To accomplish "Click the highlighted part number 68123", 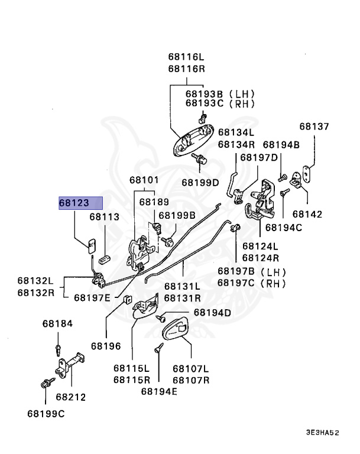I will click(x=74, y=203).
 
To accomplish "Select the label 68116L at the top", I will click(x=186, y=57).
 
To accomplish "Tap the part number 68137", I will click(x=314, y=127).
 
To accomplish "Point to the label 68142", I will click(x=307, y=214).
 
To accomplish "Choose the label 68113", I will click(x=105, y=217).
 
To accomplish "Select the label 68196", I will click(x=106, y=344).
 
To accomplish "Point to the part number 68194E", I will click(x=159, y=390).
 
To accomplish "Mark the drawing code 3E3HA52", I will click(x=322, y=433).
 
